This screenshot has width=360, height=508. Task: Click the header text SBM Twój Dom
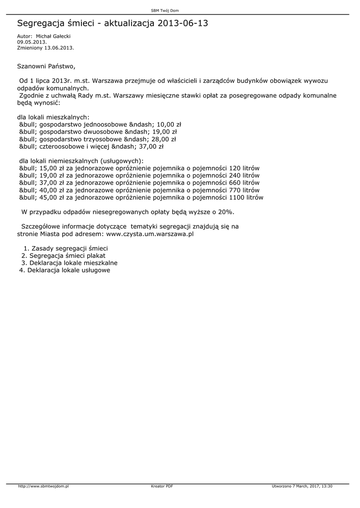(164, 10)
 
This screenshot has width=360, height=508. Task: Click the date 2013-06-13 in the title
(183, 23)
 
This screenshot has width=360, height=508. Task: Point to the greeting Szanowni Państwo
(46, 65)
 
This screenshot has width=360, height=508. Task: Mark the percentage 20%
(226, 212)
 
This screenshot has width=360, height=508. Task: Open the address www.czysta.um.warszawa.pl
(150, 234)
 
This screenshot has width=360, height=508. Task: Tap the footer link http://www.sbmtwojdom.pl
(43, 486)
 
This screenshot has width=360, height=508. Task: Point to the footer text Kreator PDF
(162, 486)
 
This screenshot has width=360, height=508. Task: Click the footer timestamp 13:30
(328, 486)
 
